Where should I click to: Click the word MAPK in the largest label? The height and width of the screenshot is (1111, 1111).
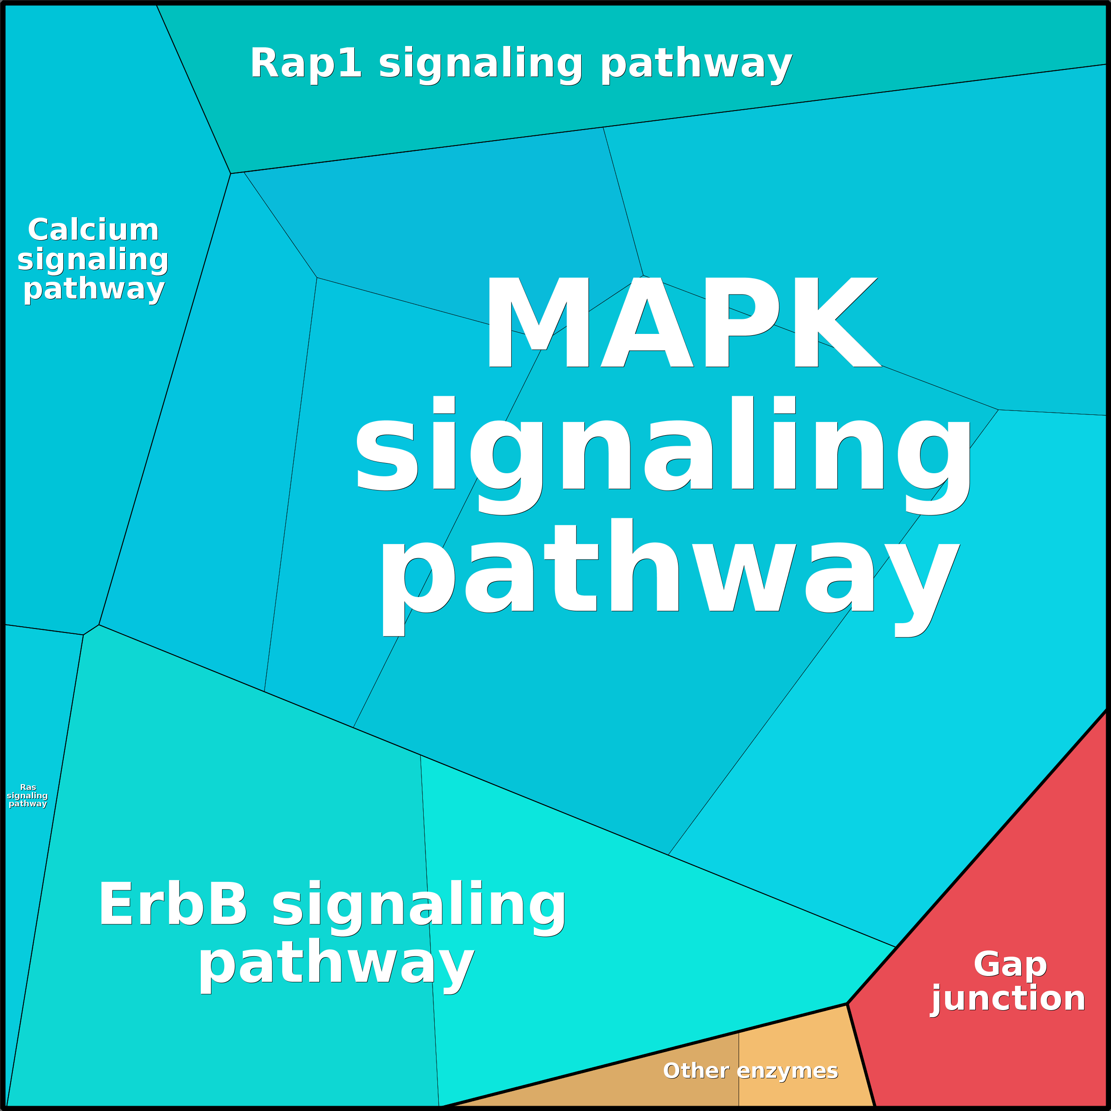click(x=682, y=322)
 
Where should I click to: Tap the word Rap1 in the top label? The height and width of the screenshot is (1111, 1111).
click(x=305, y=63)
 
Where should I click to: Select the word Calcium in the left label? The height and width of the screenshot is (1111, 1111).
click(x=93, y=230)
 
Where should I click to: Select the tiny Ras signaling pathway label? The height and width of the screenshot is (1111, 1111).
click(x=27, y=795)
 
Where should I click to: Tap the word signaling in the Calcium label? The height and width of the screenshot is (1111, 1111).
click(x=93, y=260)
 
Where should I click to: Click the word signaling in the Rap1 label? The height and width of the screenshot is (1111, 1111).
click(x=481, y=63)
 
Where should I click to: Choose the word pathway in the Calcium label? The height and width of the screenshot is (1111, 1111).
click(x=94, y=289)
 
